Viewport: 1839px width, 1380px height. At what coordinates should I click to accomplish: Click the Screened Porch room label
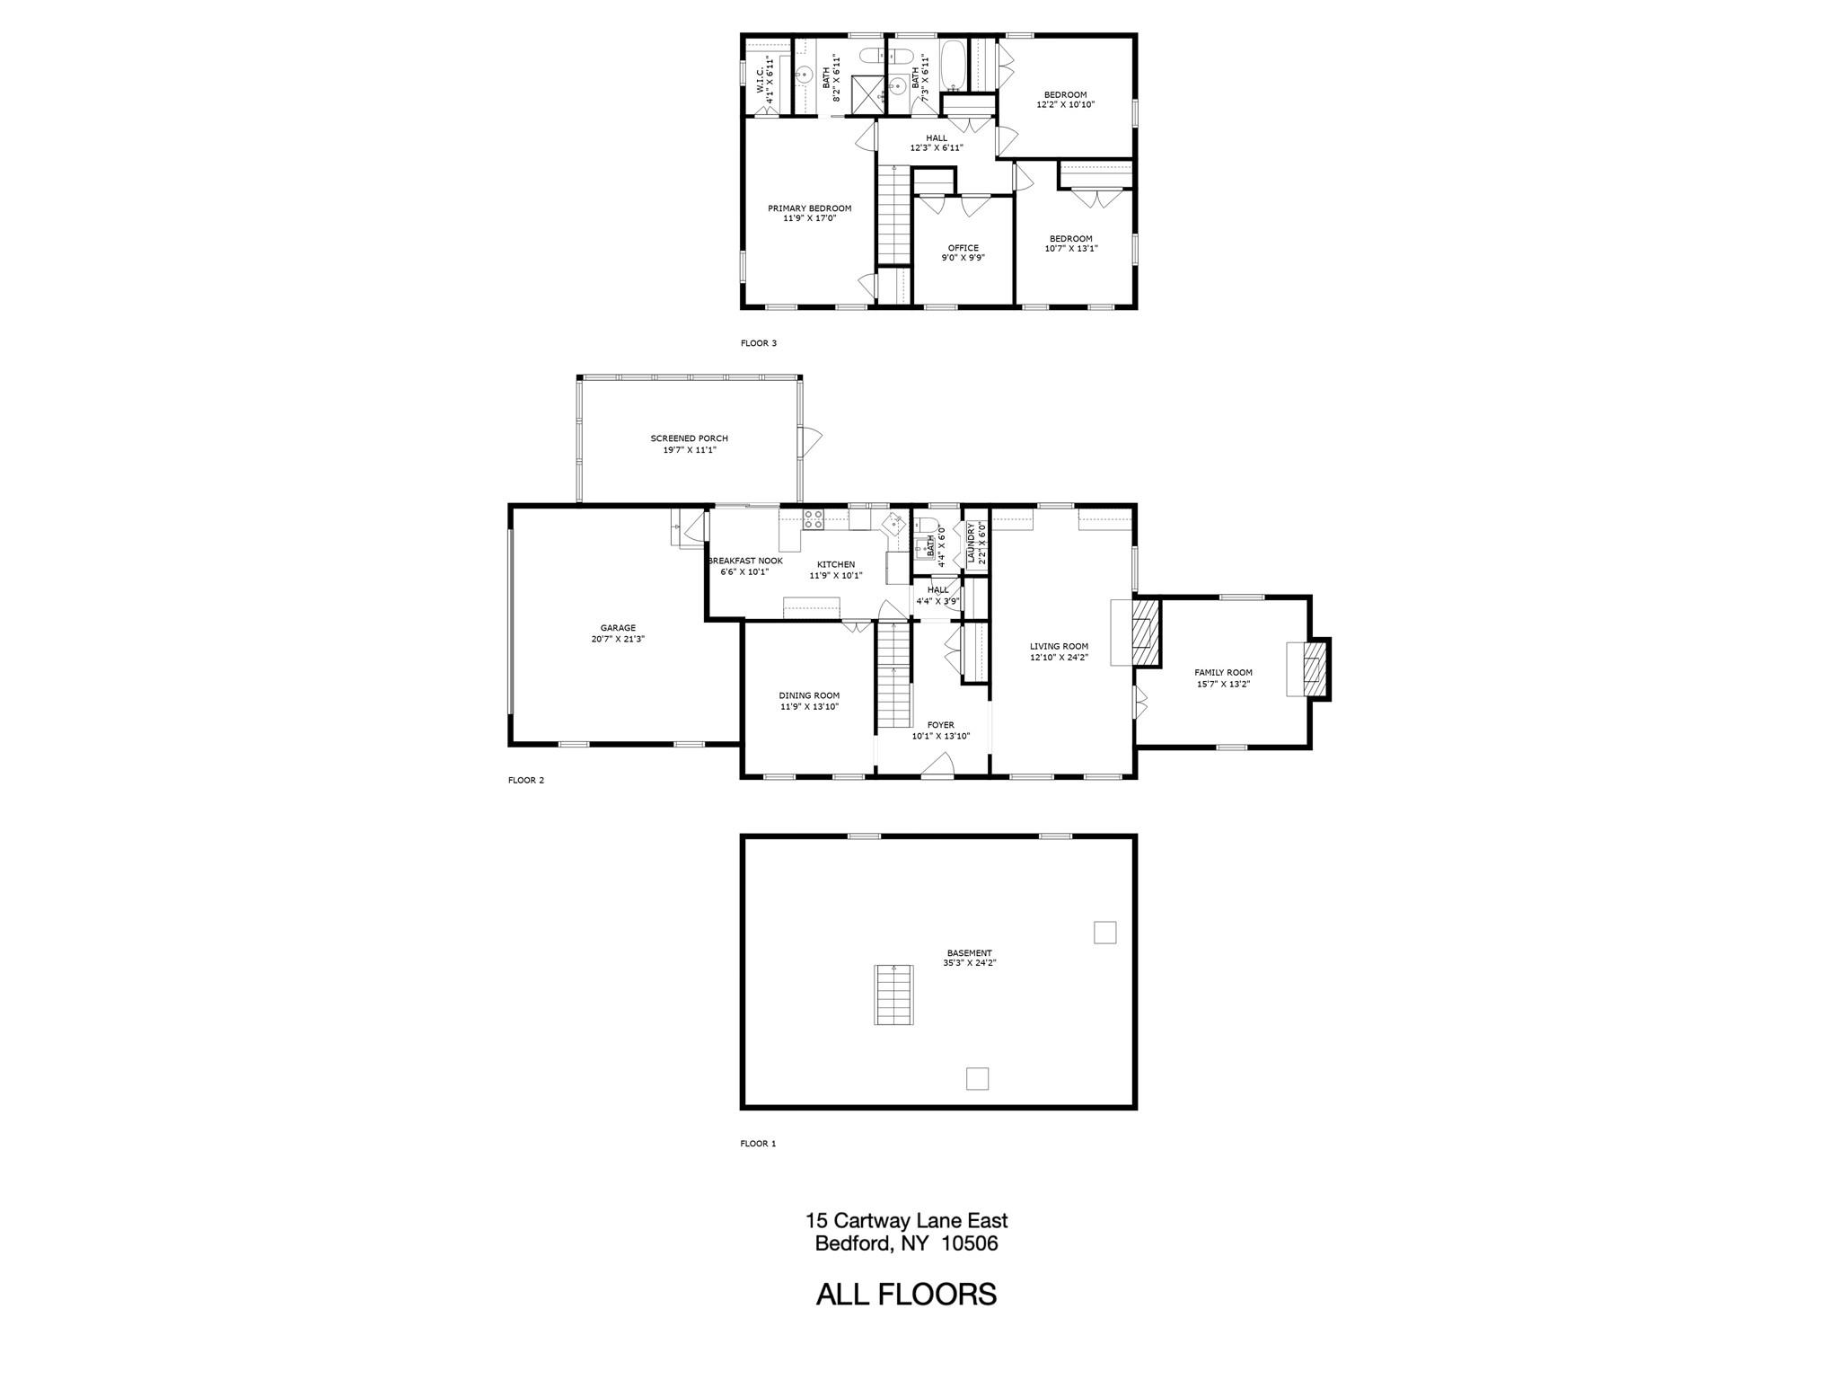pos(689,438)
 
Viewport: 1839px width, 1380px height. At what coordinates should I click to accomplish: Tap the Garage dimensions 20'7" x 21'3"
pos(618,639)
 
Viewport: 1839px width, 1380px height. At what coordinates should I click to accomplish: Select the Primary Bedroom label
pos(809,208)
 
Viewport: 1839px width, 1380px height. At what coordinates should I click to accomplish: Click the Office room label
pos(963,248)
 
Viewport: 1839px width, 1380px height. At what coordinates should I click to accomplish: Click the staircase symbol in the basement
pos(893,995)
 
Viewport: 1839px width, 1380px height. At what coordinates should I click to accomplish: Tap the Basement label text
pos(969,952)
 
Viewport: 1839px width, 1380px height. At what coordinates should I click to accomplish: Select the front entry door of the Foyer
pos(938,765)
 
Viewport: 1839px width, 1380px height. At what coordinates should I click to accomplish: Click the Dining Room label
pos(809,695)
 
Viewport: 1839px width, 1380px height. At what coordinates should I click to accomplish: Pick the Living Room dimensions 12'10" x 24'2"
pos(1059,657)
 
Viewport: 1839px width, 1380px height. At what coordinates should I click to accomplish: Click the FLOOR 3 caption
pos(758,343)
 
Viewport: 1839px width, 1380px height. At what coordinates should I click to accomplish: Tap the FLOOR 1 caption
pos(757,1144)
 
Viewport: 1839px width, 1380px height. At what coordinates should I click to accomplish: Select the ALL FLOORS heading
pos(906,1295)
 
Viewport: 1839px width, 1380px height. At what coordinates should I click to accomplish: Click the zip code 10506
pos(970,1243)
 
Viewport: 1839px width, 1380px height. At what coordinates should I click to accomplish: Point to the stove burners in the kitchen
pos(814,517)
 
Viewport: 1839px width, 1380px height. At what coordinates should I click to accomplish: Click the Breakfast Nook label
pos(745,561)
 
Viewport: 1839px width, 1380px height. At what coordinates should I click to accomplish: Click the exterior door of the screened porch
pos(811,440)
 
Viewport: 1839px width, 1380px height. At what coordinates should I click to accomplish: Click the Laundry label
pos(972,543)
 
